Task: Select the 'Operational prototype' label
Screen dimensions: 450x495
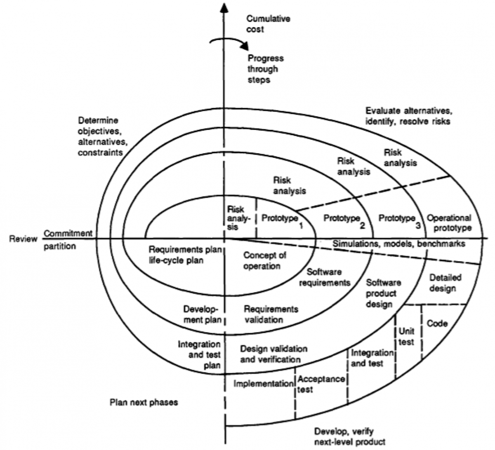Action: (x=449, y=223)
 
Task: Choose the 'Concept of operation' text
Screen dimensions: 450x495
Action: (x=264, y=260)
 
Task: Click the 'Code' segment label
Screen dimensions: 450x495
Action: (x=437, y=323)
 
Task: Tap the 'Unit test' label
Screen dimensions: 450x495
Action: (x=406, y=337)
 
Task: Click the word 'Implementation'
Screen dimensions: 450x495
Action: (x=263, y=384)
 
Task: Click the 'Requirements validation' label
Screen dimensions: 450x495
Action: (x=271, y=314)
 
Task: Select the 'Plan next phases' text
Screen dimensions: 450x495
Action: (x=144, y=402)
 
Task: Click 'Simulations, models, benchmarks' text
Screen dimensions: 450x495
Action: (x=398, y=244)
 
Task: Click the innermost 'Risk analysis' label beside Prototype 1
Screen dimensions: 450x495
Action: (x=238, y=218)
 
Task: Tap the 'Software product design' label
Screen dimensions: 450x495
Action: (x=383, y=293)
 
